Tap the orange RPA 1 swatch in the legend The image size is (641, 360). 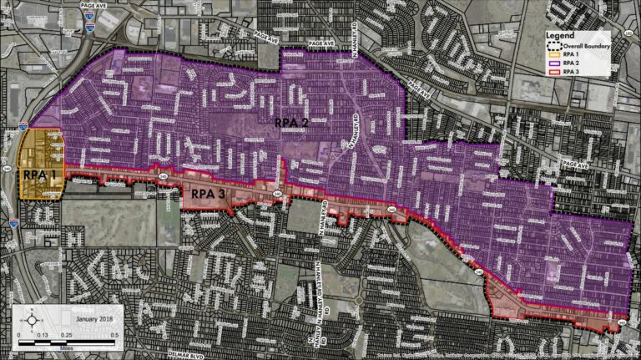[554, 54]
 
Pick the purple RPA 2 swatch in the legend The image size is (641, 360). [554, 63]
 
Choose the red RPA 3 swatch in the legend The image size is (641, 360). [554, 73]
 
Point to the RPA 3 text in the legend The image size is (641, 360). [570, 73]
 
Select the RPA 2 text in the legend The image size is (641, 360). [570, 63]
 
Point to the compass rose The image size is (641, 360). [31, 318]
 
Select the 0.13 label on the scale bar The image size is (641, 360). [44, 335]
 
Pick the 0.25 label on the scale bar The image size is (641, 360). [70, 335]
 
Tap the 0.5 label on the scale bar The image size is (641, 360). [122, 335]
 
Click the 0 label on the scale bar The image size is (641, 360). [19, 335]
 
